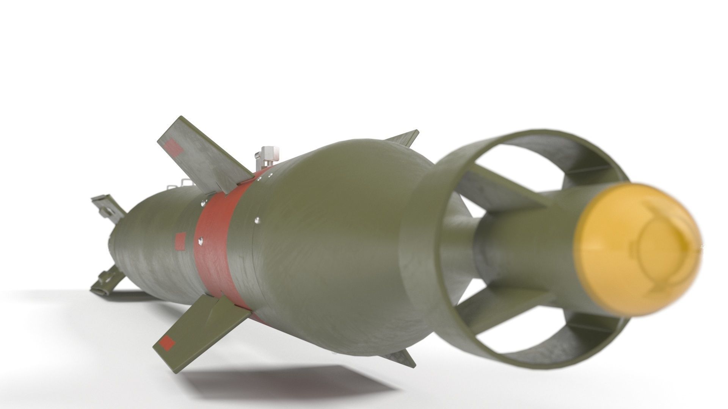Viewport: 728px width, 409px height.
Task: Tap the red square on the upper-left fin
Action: click(x=174, y=147)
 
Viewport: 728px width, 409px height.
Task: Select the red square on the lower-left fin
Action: click(x=167, y=343)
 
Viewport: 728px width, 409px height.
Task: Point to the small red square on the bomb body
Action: click(x=180, y=241)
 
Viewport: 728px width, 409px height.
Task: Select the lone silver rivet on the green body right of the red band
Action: click(x=257, y=219)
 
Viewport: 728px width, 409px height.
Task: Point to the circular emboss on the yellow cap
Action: click(x=660, y=242)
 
